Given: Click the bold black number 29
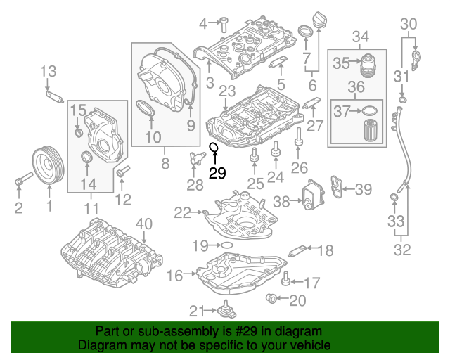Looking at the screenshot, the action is [x=217, y=173].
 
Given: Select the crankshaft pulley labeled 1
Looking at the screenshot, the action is [x=48, y=165].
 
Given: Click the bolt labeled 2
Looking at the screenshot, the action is [x=24, y=178].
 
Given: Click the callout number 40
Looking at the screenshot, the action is [x=143, y=224].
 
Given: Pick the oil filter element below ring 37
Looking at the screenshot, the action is [x=370, y=131].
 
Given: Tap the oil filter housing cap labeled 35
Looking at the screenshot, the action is [x=368, y=65].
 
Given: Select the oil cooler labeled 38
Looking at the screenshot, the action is [x=314, y=194].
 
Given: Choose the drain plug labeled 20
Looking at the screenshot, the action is [x=271, y=298].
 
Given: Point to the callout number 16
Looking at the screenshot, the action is [x=174, y=276].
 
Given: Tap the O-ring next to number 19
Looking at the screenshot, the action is [x=226, y=245].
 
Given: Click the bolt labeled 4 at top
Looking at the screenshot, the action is [x=224, y=25].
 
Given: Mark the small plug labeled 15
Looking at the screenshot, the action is [x=79, y=133].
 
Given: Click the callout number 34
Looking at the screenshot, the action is [x=361, y=37].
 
